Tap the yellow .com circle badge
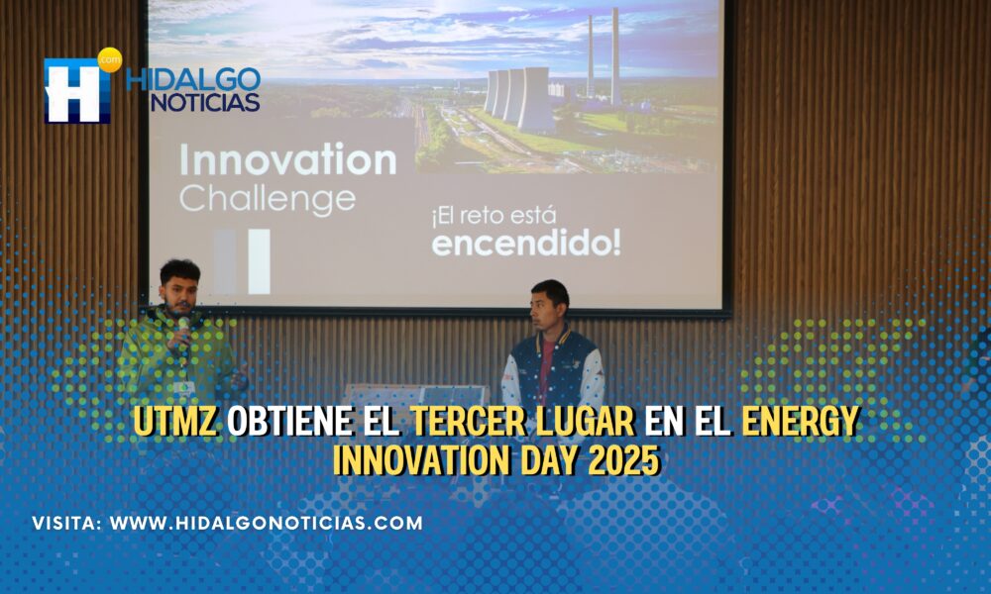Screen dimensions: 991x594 [x=110, y=60]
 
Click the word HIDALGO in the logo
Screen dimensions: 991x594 [x=193, y=79]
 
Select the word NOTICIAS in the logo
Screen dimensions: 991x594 [x=205, y=102]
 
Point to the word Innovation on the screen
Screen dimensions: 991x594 [x=288, y=159]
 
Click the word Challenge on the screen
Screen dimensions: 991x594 [x=268, y=199]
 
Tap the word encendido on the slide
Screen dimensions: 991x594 [x=526, y=243]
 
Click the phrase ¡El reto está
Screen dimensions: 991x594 [x=494, y=216]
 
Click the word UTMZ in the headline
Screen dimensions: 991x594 [x=175, y=421]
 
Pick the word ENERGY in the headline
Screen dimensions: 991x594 [x=800, y=421]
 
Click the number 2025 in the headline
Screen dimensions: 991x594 [x=623, y=460]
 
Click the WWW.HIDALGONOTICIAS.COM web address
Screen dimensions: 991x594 [x=266, y=523]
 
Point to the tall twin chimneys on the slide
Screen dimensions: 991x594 [x=603, y=55]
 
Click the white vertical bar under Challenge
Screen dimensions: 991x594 [x=259, y=261]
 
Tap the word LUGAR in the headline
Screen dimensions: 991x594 [x=586, y=421]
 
